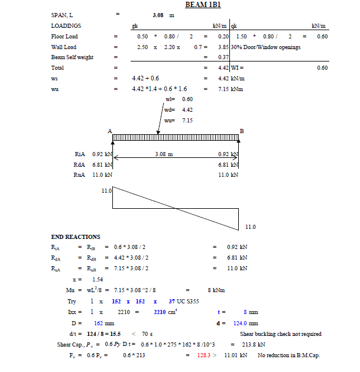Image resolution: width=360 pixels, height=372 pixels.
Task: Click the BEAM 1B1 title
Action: [203, 5]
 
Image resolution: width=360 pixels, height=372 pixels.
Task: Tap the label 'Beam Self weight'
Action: [73, 57]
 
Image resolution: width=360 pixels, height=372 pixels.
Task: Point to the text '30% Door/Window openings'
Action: [266, 47]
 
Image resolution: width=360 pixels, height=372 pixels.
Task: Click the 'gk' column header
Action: [135, 26]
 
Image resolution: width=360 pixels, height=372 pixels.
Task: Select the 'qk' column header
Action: [234, 26]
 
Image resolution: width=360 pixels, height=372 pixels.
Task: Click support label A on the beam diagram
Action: [110, 131]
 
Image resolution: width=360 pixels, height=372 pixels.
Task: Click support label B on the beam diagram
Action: [241, 131]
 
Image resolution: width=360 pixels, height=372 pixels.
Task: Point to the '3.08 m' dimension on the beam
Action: [164, 154]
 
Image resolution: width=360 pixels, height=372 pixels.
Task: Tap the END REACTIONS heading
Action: [76, 237]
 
